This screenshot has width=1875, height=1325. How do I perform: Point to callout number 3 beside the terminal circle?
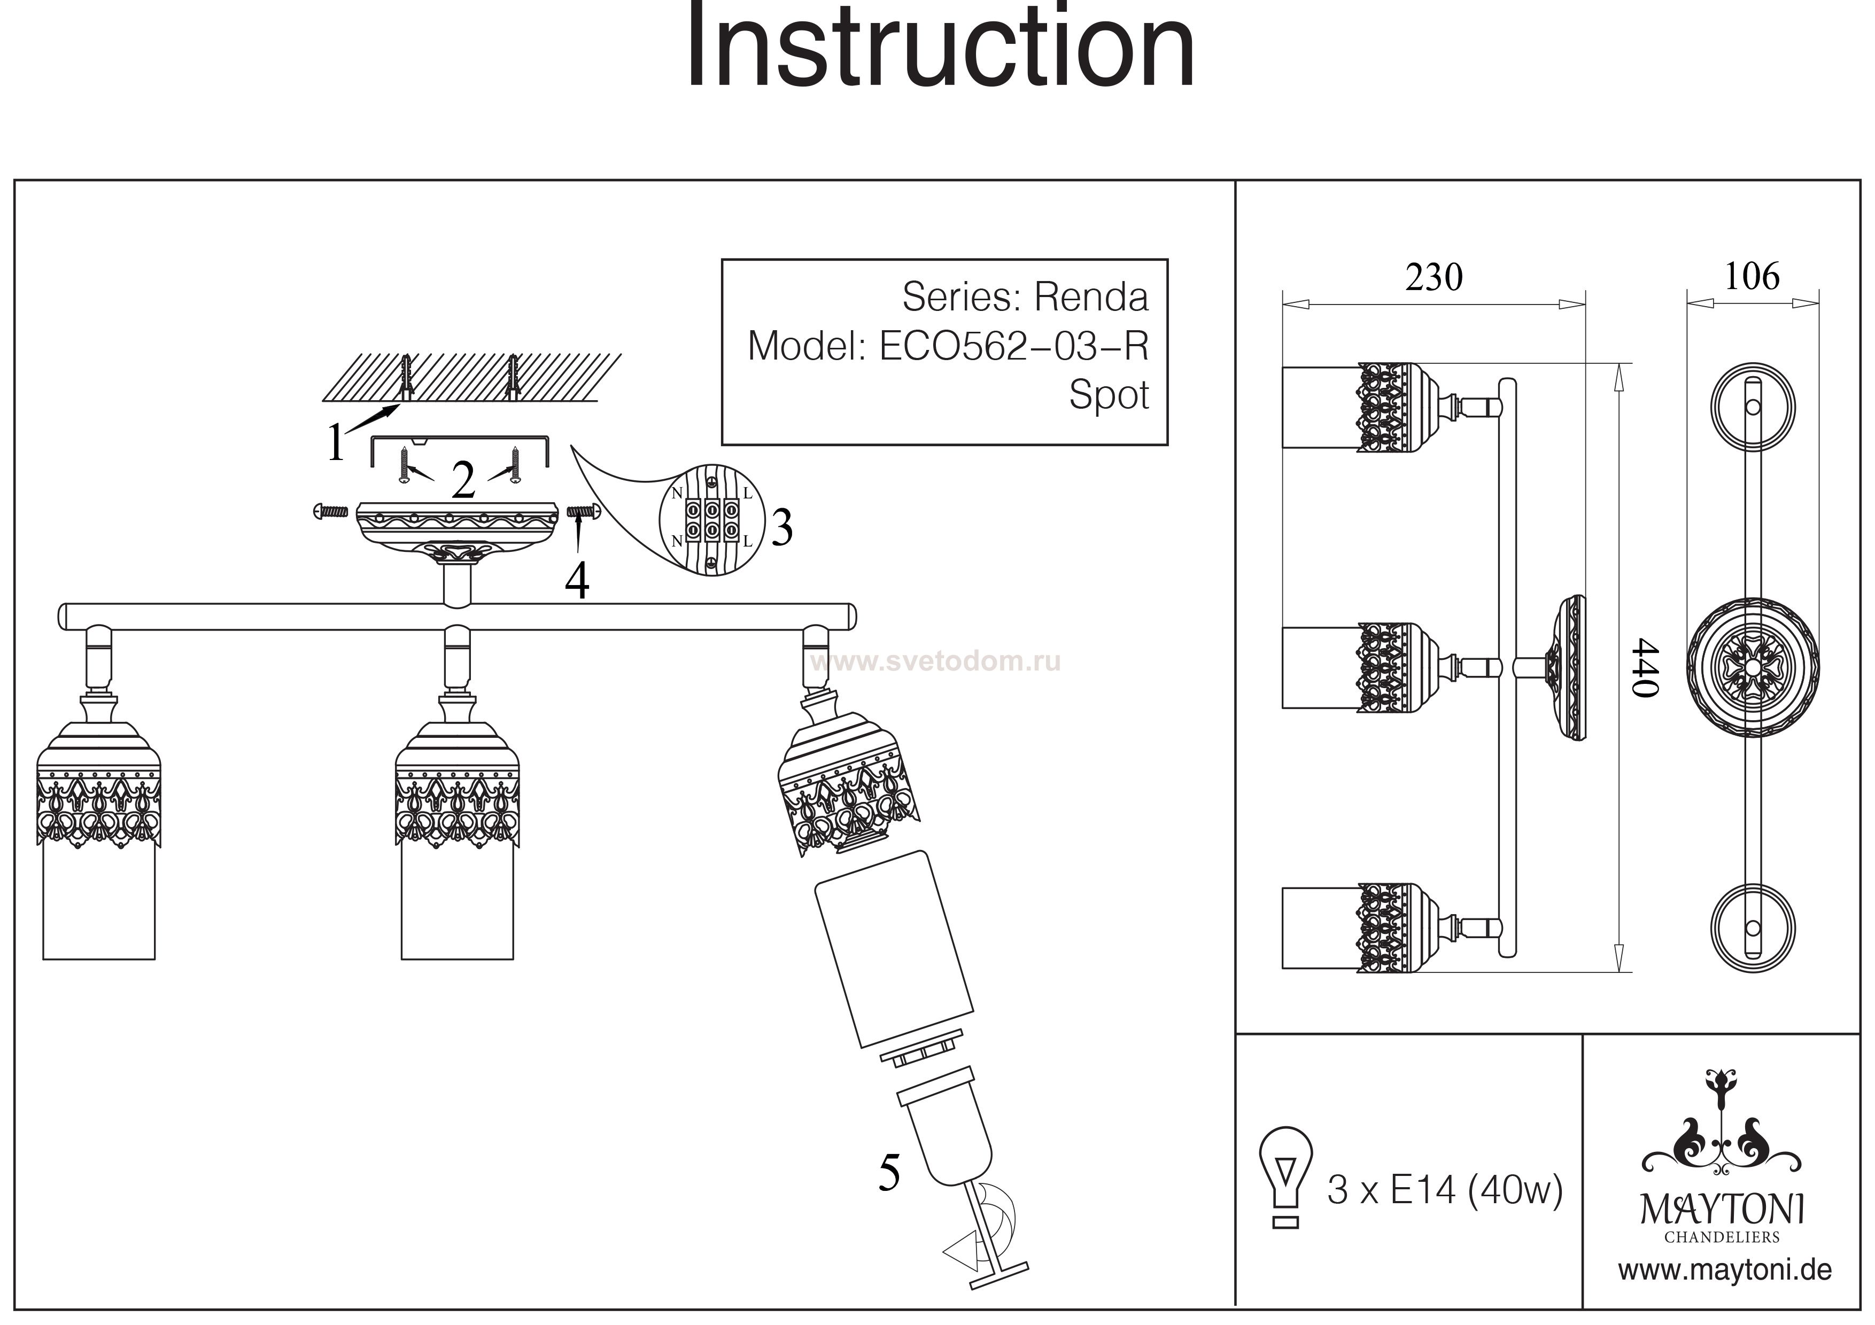[x=781, y=528]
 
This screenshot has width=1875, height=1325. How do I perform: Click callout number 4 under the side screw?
[x=577, y=582]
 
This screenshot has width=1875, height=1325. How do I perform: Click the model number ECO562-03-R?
[x=1013, y=346]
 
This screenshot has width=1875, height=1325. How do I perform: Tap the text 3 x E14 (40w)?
[x=1444, y=1190]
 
